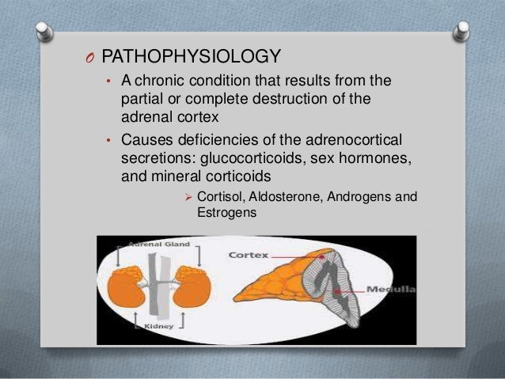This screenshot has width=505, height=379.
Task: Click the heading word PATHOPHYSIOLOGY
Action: click(192, 57)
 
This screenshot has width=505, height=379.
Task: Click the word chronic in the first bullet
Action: click(161, 81)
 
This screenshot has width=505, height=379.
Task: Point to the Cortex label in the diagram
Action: click(249, 256)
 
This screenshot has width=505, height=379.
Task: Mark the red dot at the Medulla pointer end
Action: click(339, 291)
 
